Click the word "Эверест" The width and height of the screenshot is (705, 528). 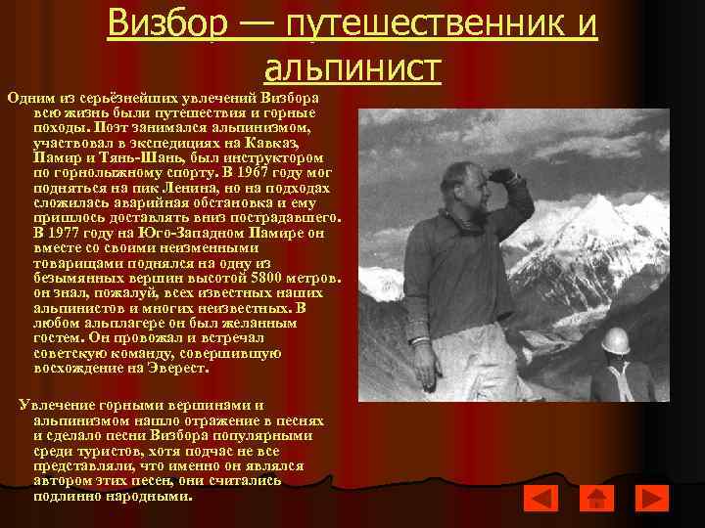click(x=173, y=370)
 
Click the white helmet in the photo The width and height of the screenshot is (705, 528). click(x=614, y=339)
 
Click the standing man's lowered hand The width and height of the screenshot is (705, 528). click(x=423, y=375)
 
